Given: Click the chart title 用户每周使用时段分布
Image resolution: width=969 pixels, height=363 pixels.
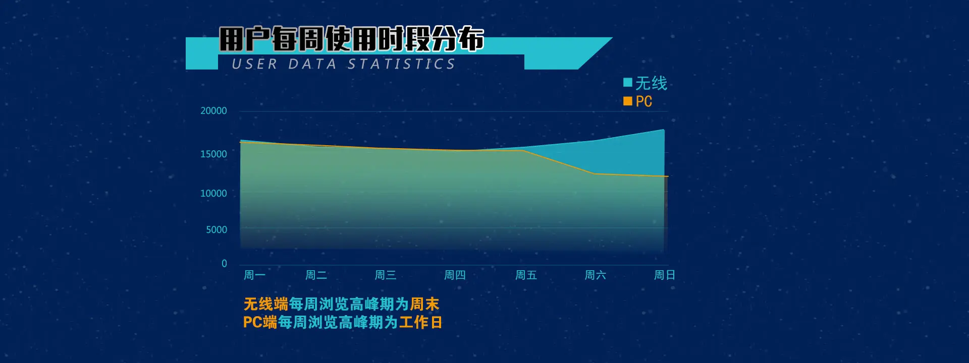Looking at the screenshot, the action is point(352,39).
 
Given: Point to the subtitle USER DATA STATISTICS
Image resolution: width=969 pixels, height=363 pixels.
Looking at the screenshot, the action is point(344,64).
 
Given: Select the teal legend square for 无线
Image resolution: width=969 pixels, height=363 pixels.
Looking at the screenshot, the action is point(628,82).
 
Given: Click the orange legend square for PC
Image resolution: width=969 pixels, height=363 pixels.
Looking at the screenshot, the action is point(628,101).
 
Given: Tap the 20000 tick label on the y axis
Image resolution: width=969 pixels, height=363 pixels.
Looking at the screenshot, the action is point(213,110).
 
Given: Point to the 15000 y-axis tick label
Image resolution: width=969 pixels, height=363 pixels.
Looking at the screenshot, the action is point(213,154).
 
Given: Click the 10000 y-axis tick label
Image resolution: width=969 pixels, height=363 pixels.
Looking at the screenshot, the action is point(213,193).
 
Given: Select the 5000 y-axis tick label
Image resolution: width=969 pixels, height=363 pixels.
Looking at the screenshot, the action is point(217,229).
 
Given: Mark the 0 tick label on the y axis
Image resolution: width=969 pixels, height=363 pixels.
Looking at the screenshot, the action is point(224,263).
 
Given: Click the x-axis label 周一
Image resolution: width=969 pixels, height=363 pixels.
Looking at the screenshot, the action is point(254,275).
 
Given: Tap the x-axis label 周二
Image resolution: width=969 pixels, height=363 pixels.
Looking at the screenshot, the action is point(316,275).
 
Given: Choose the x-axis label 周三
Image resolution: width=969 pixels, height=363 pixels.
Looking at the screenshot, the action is point(385,275).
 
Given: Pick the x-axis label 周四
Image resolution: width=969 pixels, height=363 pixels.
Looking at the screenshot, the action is point(455,275).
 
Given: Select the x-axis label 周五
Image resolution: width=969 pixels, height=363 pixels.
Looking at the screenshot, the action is point(526,275).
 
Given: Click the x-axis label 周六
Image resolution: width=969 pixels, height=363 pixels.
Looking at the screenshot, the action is point(595,275).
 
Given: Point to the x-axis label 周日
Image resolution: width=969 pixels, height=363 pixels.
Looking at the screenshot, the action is point(664,275).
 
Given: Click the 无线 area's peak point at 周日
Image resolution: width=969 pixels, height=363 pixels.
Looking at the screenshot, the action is point(664,130).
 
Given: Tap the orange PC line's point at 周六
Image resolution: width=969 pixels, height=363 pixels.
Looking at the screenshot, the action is point(595,174).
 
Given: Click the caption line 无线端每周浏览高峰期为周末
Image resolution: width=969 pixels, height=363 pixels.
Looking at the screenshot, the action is point(341,304).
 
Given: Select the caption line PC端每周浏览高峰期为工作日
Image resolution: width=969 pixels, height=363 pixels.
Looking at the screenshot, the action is point(343,322).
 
